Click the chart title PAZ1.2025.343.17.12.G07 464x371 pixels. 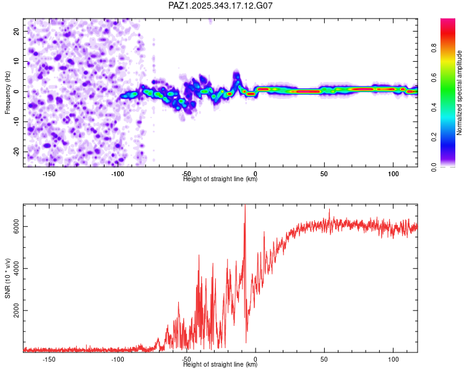point(221,6)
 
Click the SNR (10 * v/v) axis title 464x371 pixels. point(7,278)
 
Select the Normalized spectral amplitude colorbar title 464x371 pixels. point(459,93)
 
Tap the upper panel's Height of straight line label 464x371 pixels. point(220,179)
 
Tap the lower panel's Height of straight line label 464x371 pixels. point(220,365)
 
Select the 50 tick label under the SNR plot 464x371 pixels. point(324,359)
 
